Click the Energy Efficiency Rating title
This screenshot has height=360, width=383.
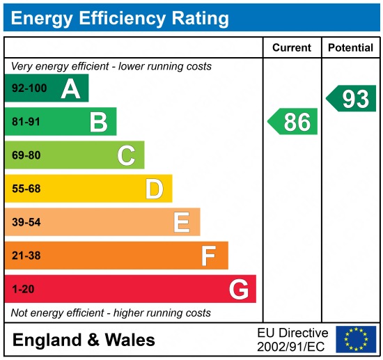(x=119, y=17)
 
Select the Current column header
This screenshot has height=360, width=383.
(x=291, y=48)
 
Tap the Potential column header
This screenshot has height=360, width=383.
(x=350, y=48)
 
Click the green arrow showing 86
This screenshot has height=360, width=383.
(x=293, y=122)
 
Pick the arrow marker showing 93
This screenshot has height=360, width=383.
(x=352, y=99)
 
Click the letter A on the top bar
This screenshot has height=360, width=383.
(x=70, y=89)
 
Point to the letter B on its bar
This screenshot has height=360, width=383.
(x=98, y=123)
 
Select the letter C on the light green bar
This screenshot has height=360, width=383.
(x=126, y=155)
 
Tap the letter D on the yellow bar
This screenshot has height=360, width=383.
(x=154, y=189)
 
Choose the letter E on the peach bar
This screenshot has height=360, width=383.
(x=182, y=222)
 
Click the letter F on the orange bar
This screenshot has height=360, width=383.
(x=208, y=256)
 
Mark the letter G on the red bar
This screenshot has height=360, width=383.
(x=239, y=289)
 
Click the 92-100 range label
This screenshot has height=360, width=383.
(x=29, y=89)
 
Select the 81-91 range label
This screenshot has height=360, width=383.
(x=26, y=123)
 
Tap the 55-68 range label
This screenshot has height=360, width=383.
(x=26, y=189)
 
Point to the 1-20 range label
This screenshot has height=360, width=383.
(x=23, y=289)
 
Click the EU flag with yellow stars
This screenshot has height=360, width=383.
(x=356, y=339)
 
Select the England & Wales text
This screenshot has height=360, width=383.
(x=84, y=341)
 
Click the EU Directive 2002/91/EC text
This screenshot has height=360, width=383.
(x=292, y=339)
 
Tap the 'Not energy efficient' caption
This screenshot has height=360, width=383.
(x=111, y=313)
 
